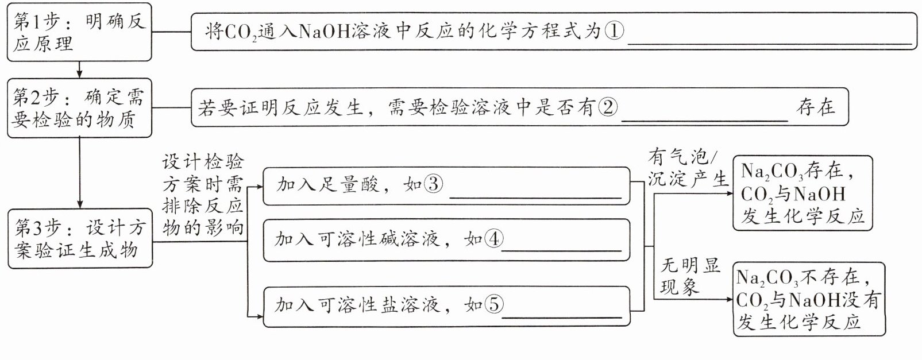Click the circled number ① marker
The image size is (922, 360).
tap(614, 30)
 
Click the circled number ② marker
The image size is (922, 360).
tap(607, 107)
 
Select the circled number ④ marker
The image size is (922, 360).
tap(493, 239)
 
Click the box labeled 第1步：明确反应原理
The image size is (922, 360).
tap(79, 32)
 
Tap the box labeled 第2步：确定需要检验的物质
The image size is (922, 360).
tap(79, 108)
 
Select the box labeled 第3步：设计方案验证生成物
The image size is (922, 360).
tap(80, 239)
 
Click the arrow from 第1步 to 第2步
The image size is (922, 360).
tap(79, 69)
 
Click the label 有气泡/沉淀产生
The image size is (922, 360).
tap(686, 168)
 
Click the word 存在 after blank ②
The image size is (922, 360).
tap(815, 107)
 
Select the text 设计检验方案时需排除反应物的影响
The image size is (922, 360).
tap(203, 195)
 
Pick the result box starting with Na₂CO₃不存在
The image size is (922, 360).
tap(808, 299)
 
